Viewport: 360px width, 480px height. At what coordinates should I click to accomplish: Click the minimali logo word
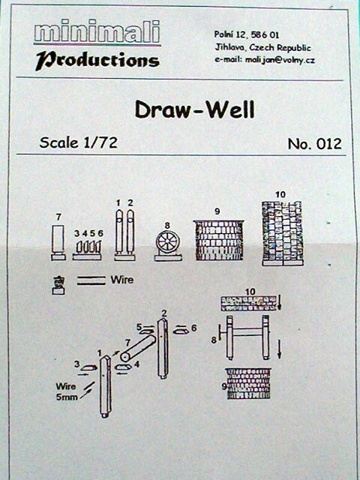[x=97, y=31]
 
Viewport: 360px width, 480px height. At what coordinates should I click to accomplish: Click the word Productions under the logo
[x=97, y=60]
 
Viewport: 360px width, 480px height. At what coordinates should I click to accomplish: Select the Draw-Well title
[x=195, y=109]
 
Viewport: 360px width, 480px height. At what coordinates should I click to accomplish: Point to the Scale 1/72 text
[x=78, y=142]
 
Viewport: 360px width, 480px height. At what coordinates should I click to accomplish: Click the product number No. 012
[x=314, y=144]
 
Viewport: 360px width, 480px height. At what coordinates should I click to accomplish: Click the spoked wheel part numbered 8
[x=168, y=245]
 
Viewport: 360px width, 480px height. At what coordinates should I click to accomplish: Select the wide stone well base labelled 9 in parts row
[x=219, y=240]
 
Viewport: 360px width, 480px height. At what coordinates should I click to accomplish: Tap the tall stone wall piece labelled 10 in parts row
[x=283, y=233]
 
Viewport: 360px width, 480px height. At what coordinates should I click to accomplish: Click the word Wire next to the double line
[x=121, y=280]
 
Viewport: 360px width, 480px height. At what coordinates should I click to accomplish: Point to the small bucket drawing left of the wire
[x=58, y=285]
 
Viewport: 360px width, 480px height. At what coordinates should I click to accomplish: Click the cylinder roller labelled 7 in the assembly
[x=138, y=348]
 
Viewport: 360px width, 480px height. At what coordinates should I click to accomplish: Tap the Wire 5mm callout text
[x=66, y=391]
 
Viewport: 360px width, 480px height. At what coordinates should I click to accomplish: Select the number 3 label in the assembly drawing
[x=76, y=364]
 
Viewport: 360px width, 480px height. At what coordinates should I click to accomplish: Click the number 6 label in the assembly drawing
[x=193, y=328]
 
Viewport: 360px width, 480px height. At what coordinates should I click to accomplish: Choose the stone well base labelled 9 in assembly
[x=248, y=383]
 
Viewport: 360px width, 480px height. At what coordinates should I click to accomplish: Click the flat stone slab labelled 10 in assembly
[x=248, y=303]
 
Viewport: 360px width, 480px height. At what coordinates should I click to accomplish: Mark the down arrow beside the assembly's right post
[x=279, y=349]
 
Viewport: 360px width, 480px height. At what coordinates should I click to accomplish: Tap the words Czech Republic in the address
[x=280, y=48]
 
